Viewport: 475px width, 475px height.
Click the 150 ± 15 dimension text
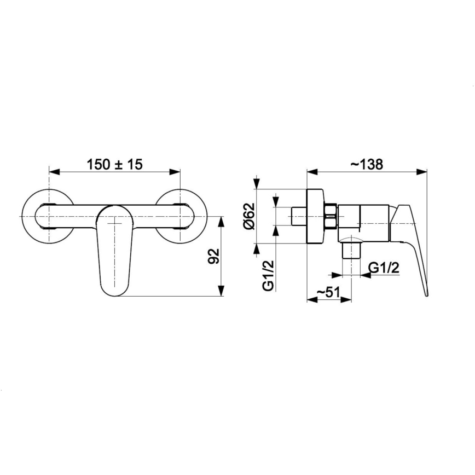pos(115,164)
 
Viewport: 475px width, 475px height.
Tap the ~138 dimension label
pos(366,164)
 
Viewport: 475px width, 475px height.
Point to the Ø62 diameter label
pos(250,216)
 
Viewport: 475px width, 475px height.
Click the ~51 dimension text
pos(329,292)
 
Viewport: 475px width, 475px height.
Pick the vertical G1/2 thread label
pos(268,276)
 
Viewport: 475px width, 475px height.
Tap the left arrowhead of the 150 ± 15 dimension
pos(53,172)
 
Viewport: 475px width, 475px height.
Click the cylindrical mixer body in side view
pos(364,222)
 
